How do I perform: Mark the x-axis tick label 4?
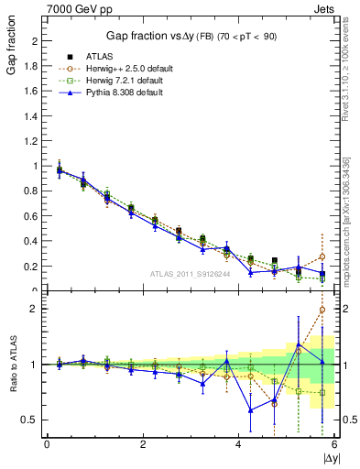click(x=238, y=444)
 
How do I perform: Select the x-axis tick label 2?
click(x=142, y=444)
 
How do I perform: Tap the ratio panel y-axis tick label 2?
click(x=35, y=309)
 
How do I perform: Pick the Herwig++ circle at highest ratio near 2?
click(x=322, y=310)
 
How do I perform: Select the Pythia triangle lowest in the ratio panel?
click(x=251, y=410)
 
